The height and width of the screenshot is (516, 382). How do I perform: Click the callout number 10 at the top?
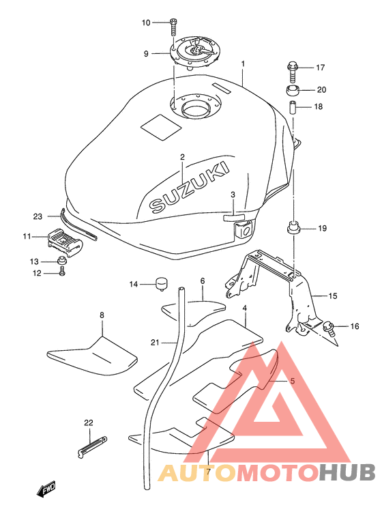pos(146,23)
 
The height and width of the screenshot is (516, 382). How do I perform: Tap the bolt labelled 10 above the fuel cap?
pos(173,28)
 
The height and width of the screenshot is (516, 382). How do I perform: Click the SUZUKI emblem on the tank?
pos(189,186)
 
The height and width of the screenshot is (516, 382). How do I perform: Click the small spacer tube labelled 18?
pos(293,108)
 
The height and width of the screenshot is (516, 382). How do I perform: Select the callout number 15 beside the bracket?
pos(333,296)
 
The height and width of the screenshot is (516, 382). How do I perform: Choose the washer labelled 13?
pos(61,261)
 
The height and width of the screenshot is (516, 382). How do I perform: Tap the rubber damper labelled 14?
pos(161,285)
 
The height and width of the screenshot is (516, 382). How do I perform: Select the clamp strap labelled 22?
pos(93,446)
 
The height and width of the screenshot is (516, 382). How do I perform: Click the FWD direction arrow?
pos(46,488)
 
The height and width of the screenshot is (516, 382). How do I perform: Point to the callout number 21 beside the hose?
pos(155,343)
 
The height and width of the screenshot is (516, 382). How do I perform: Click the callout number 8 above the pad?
pos(102,315)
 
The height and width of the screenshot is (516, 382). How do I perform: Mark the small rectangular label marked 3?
pos(234,217)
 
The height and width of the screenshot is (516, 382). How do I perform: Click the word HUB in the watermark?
pos(347,472)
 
